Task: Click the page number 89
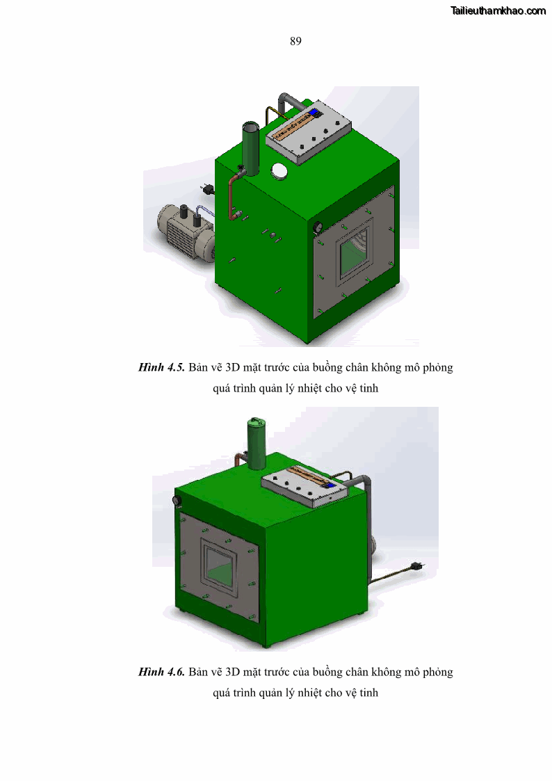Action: (x=295, y=41)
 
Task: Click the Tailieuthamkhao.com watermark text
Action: (x=498, y=11)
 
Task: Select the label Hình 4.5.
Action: (x=161, y=368)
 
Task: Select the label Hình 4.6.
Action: (x=161, y=672)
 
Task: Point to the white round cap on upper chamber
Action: (x=279, y=171)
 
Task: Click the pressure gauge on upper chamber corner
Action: (x=316, y=228)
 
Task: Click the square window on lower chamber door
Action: (x=219, y=567)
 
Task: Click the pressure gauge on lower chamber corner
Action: (x=176, y=501)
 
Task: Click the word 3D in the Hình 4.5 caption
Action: (x=232, y=368)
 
